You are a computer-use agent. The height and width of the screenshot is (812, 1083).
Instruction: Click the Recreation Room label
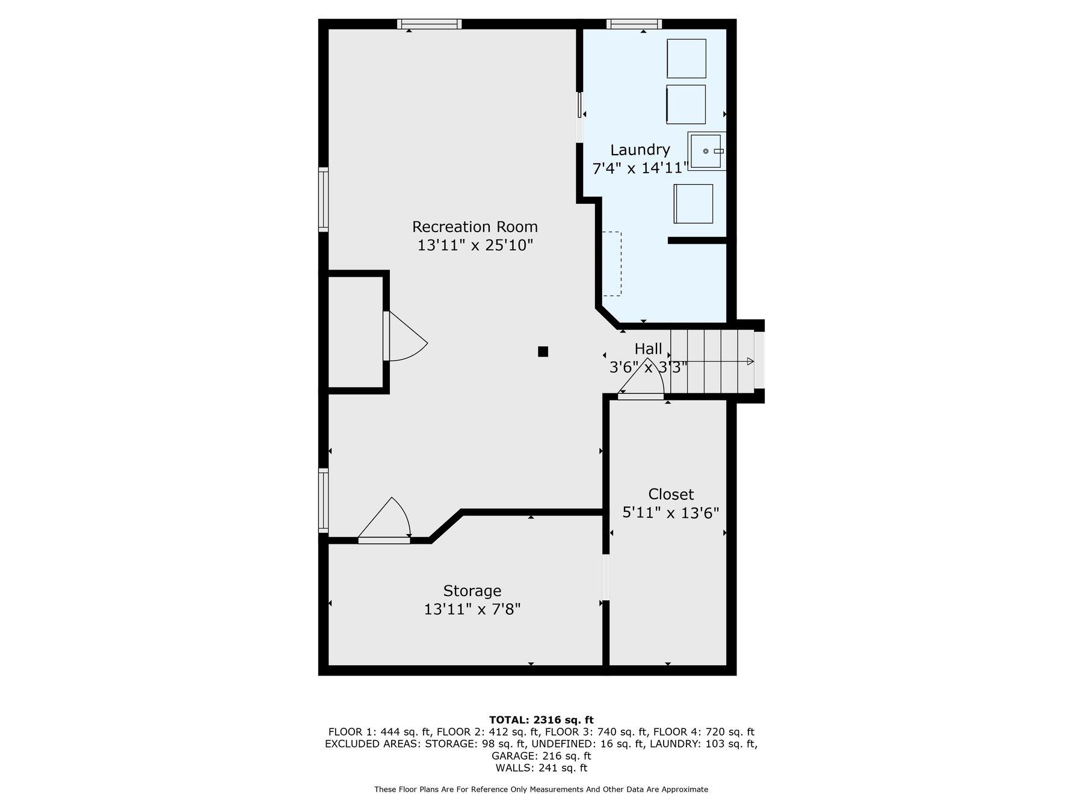pos(475,227)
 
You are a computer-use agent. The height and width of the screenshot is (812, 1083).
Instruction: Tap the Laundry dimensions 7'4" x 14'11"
pos(640,168)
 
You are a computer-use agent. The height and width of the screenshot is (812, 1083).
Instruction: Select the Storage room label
pos(472,591)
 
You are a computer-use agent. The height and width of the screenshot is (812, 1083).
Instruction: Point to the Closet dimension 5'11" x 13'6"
pos(670,513)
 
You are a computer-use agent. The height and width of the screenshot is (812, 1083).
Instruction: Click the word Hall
pos(648,349)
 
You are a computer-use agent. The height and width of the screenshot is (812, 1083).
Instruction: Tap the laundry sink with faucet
pos(706,151)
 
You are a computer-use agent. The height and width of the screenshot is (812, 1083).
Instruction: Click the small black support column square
pos(543,352)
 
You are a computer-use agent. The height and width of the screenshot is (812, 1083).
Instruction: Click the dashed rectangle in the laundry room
pos(612,263)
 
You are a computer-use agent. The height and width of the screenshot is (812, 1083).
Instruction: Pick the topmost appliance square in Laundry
pos(686,58)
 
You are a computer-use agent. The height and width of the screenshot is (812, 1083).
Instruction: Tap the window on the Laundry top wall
pos(634,24)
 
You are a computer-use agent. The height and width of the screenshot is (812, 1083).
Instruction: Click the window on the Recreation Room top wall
pos(429,24)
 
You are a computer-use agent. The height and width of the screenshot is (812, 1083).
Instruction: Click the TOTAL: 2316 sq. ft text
pos(541,719)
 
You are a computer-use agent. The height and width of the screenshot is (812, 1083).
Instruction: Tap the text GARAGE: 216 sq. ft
pos(541,755)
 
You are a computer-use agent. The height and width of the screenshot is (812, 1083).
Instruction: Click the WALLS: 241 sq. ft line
pos(541,767)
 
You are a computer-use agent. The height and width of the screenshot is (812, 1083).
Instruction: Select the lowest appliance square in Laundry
pos(693,204)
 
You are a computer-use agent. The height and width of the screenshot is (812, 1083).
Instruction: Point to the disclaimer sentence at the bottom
pos(541,789)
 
